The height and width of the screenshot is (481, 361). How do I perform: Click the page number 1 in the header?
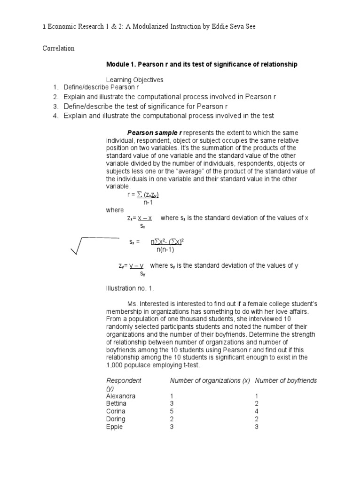[x=44, y=28]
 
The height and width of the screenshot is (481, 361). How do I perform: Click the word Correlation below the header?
[x=58, y=48]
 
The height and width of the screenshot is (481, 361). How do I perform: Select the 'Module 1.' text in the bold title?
[x=121, y=64]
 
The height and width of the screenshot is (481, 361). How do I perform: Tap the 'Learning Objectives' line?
[x=134, y=80]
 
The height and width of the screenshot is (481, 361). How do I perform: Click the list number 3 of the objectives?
[x=55, y=106]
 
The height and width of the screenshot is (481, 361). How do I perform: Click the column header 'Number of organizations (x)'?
[x=210, y=380]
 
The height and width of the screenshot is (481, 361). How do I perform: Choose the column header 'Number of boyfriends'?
[x=286, y=380]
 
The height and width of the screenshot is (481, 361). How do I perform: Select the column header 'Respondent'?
[x=124, y=380]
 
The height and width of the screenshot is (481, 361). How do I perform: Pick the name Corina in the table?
[x=116, y=411]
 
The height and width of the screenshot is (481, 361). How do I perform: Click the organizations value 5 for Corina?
[x=172, y=411]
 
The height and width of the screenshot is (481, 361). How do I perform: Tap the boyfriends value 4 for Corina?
[x=257, y=411]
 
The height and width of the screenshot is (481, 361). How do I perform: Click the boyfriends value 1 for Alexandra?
[x=257, y=396]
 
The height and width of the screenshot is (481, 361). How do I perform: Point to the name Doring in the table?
[x=116, y=419]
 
